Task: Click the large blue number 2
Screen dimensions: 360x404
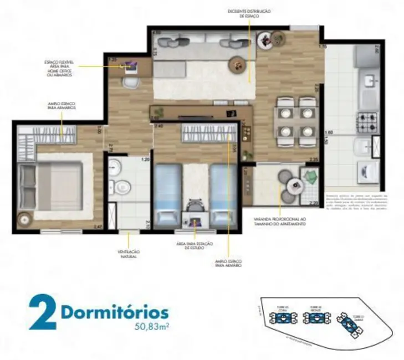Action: [x=42, y=313]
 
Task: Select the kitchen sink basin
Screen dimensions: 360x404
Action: [x=369, y=83]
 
